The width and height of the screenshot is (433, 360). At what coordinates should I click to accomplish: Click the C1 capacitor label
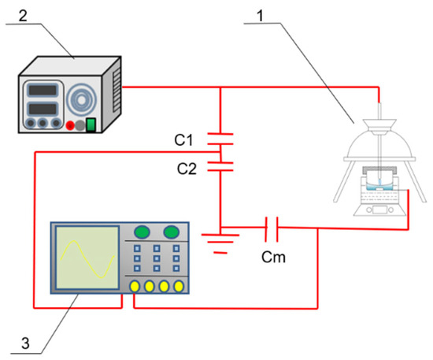click(x=183, y=139)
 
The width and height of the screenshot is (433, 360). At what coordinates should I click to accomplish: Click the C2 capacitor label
click(x=187, y=169)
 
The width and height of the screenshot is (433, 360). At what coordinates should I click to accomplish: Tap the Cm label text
click(x=273, y=257)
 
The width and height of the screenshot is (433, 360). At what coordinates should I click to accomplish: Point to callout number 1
click(x=260, y=16)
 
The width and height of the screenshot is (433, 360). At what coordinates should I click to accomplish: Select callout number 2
click(x=23, y=16)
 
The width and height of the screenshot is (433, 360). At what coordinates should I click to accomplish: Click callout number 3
click(x=25, y=343)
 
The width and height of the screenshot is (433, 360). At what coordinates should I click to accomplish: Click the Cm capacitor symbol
click(x=272, y=228)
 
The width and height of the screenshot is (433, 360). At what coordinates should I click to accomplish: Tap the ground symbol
click(x=220, y=243)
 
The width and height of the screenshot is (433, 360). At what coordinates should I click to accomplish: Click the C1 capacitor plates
click(x=220, y=139)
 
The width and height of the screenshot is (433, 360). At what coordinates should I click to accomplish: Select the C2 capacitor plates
click(x=220, y=166)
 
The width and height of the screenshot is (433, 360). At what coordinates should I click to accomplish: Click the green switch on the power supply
click(x=91, y=124)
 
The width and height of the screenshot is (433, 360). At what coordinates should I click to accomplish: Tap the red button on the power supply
click(x=70, y=125)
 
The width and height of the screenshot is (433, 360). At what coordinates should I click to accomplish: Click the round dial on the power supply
click(x=81, y=100)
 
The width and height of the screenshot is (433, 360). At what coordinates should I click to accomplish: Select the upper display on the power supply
click(x=43, y=91)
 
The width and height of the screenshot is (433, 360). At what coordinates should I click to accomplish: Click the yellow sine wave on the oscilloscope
click(x=87, y=259)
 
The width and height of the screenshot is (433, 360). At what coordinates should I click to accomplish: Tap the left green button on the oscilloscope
click(x=142, y=232)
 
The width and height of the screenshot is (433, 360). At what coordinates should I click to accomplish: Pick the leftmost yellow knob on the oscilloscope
click(x=135, y=287)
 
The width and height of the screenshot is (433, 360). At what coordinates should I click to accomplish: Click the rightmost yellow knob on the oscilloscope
click(x=179, y=287)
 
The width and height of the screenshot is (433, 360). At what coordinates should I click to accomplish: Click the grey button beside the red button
click(x=80, y=125)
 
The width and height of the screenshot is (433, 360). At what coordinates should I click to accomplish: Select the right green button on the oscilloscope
click(x=171, y=232)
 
